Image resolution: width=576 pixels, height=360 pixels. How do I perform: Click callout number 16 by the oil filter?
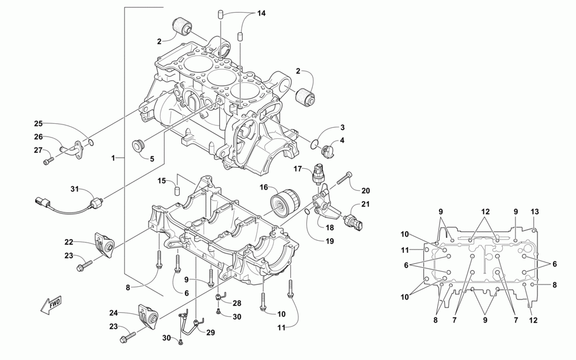[264, 187]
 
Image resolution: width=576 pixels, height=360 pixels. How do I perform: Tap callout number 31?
[74, 190]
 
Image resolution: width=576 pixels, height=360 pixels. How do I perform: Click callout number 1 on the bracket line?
[114, 157]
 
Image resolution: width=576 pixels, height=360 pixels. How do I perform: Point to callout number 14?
[262, 13]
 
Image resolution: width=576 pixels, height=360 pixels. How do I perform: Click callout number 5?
[152, 158]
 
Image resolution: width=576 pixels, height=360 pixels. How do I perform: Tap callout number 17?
[298, 169]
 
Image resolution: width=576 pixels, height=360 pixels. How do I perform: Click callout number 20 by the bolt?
[366, 191]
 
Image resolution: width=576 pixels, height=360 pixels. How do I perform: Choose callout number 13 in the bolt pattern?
[535, 212]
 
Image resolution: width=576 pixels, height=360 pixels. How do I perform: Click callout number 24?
[113, 313]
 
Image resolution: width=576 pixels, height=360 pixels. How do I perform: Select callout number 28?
[237, 303]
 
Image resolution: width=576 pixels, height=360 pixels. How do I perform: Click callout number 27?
[39, 150]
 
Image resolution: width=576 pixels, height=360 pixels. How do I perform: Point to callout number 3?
[342, 127]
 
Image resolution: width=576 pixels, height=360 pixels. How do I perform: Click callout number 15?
[162, 181]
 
